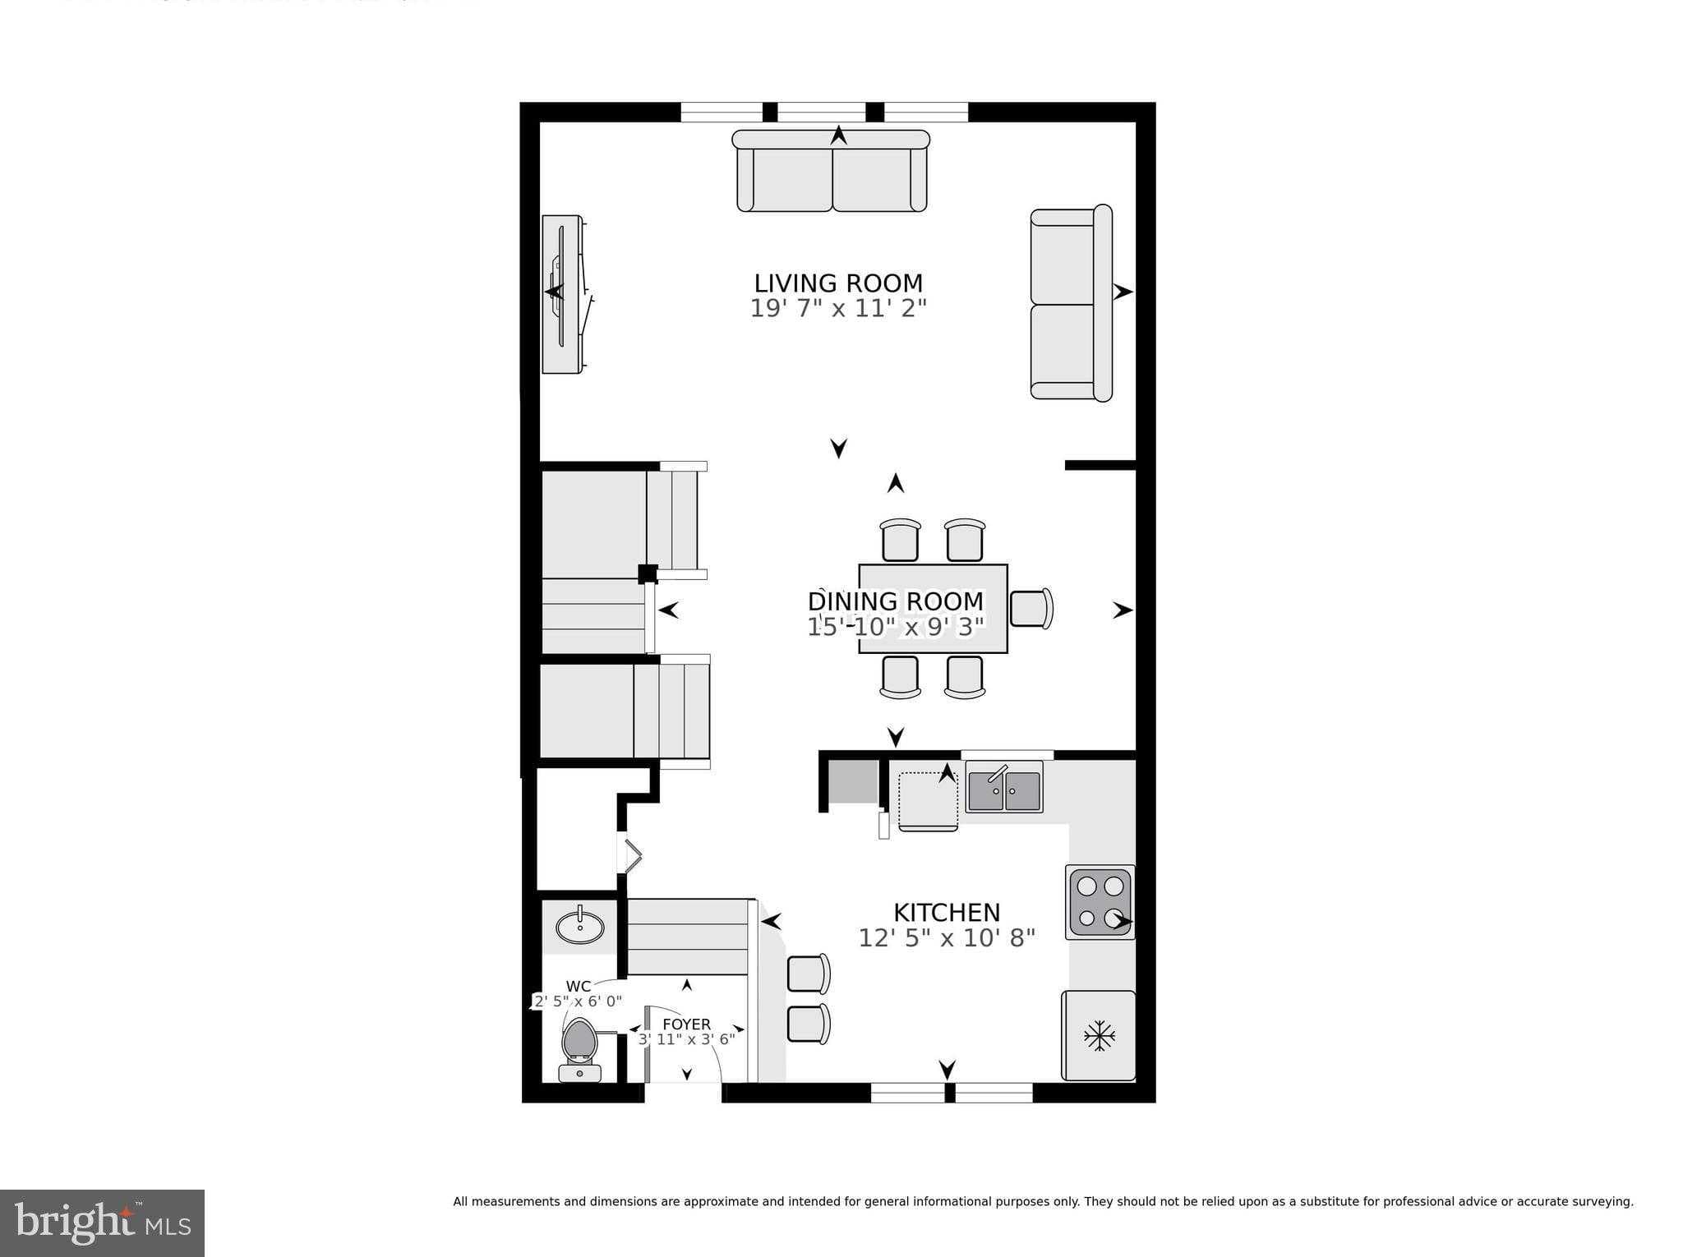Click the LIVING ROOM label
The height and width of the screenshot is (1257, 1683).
point(838,283)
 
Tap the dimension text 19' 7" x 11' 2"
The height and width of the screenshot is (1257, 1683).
point(838,309)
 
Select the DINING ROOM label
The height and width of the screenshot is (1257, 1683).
point(895,601)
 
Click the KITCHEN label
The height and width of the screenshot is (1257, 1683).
point(946,913)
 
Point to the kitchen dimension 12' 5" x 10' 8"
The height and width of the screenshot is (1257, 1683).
point(946,938)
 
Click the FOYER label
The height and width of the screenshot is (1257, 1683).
point(686,1024)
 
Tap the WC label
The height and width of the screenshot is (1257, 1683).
point(579,987)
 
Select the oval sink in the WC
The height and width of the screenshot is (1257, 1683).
point(579,928)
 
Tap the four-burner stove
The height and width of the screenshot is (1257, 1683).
point(1100,902)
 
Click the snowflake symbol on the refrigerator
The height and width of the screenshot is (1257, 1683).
point(1099,1036)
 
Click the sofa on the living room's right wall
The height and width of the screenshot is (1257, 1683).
point(1071,303)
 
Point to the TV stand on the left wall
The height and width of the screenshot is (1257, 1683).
point(564,294)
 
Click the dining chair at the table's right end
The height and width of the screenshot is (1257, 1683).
point(1031,609)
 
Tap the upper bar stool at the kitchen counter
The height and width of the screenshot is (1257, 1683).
point(808,974)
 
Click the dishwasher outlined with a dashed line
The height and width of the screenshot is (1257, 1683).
point(928,800)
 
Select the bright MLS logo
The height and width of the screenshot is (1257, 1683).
point(102,1222)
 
